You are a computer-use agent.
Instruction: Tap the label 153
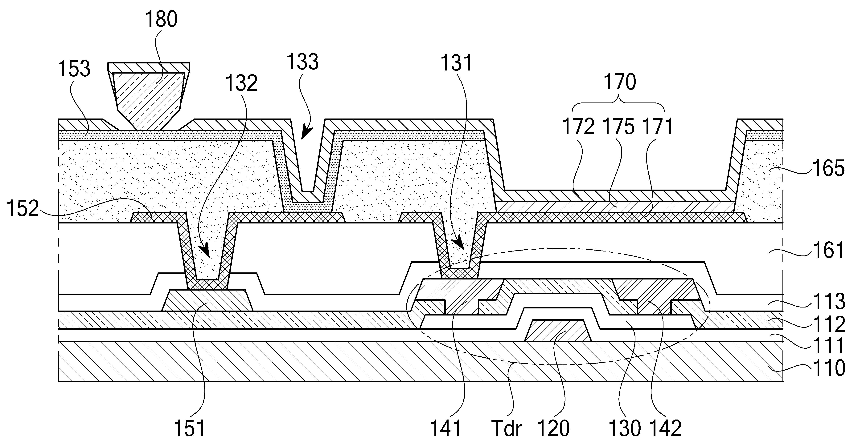(x=74, y=69)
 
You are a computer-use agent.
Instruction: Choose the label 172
(x=579, y=127)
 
